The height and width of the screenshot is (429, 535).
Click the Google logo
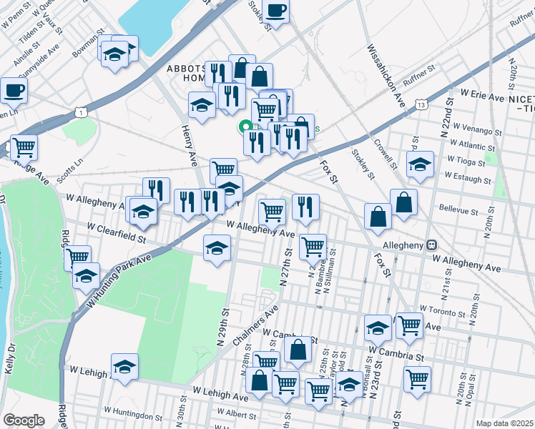point(24,420)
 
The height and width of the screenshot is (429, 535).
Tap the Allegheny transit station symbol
point(432,245)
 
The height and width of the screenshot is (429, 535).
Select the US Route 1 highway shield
point(81,112)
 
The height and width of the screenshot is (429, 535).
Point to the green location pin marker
point(245,128)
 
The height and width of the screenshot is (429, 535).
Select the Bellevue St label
point(458,212)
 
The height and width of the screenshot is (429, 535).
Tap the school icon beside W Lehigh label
point(124,366)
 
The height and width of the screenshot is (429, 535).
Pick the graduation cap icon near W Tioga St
point(420,164)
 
